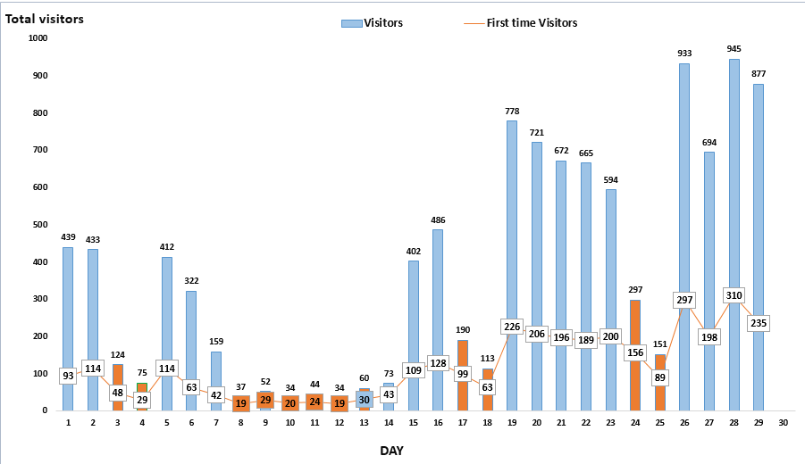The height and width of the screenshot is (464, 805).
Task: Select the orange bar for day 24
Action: pyautogui.click(x=634, y=384)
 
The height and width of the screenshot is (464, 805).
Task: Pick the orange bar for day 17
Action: pyautogui.click(x=462, y=393)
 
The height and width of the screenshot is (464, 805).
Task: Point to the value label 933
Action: pyautogui.click(x=684, y=54)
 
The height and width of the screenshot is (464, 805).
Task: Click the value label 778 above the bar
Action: pyautogui.click(x=511, y=111)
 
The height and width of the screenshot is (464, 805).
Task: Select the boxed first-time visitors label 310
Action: pyautogui.click(x=734, y=295)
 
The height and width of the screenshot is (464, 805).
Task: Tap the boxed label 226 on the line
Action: pyautogui.click(x=511, y=327)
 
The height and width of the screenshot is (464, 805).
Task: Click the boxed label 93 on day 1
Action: pyautogui.click(x=68, y=377)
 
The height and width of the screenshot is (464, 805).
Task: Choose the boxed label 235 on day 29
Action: pyautogui.click(x=759, y=323)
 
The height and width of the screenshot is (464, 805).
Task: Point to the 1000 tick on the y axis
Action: pyautogui.click(x=38, y=38)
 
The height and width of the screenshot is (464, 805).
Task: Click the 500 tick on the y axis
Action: pyautogui.click(x=40, y=225)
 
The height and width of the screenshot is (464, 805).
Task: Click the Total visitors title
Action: pyautogui.click(x=45, y=18)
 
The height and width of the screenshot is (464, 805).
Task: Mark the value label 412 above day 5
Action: pyautogui.click(x=166, y=247)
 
